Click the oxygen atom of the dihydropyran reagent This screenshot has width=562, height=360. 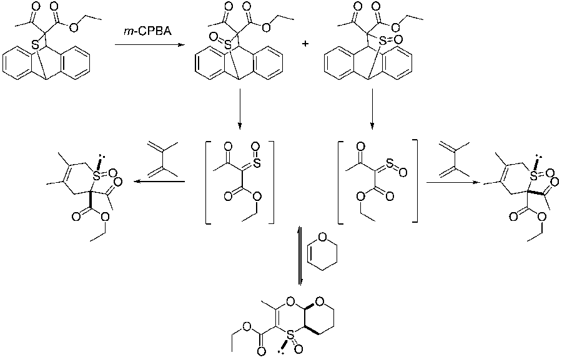[x=323, y=238]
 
